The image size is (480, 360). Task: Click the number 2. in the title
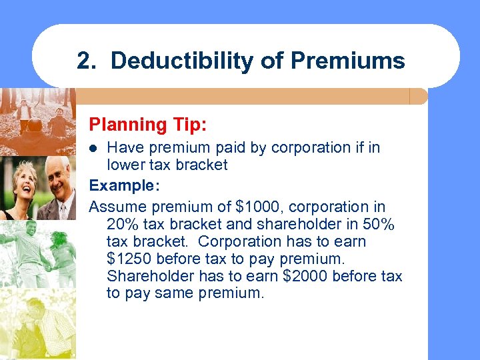click(x=87, y=61)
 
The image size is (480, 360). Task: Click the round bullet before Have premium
click(x=94, y=147)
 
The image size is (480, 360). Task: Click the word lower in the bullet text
click(x=126, y=165)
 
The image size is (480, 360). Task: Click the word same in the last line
click(x=173, y=293)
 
